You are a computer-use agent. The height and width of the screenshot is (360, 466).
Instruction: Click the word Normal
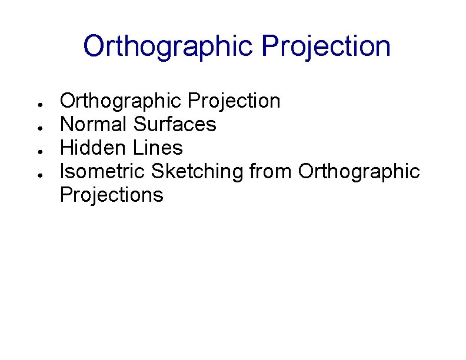click(x=94, y=124)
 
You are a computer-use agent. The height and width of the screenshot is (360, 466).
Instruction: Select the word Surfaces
click(x=175, y=124)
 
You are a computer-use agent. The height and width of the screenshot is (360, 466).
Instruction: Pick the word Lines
click(x=159, y=148)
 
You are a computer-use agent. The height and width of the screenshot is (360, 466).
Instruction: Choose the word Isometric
click(x=103, y=171)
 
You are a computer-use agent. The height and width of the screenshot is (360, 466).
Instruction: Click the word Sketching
click(x=197, y=171)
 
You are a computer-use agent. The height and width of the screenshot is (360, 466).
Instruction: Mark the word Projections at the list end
click(x=112, y=195)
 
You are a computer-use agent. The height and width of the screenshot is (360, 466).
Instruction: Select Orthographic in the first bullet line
click(x=121, y=101)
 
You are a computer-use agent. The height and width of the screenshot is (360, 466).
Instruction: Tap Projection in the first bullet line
click(x=234, y=101)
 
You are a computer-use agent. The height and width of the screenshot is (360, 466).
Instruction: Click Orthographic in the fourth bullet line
click(x=359, y=171)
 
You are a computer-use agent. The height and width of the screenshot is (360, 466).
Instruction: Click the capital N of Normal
click(x=66, y=124)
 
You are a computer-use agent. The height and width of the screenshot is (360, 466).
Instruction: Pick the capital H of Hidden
click(x=66, y=148)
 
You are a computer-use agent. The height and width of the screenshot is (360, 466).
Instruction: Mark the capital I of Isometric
click(x=63, y=171)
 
